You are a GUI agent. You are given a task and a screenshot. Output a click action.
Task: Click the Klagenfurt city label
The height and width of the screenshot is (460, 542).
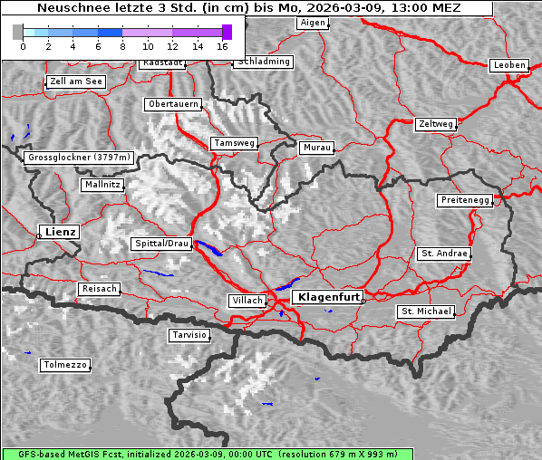330,296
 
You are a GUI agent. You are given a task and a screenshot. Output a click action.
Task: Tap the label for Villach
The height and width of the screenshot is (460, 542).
247,300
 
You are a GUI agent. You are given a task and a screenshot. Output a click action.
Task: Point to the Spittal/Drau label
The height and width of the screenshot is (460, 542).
161,244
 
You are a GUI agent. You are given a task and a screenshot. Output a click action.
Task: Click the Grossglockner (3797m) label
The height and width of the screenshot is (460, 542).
79,158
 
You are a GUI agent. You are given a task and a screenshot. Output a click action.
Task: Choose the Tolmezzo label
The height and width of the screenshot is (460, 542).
65,365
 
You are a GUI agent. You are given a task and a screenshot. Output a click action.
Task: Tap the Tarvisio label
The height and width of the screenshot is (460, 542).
189,335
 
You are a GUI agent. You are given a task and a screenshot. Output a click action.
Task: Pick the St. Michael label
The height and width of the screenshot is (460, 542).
425,311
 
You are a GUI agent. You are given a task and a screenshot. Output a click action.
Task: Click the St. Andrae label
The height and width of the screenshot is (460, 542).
443,254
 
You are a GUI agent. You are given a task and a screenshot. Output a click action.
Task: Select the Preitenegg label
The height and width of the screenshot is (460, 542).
465,200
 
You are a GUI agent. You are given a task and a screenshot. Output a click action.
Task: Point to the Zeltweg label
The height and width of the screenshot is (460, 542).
435,123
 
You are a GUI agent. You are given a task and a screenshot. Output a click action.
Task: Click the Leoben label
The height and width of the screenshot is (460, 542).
508,65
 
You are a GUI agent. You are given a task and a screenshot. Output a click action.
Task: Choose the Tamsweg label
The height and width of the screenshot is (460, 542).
234,143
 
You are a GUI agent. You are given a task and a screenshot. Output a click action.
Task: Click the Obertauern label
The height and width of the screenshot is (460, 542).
172,104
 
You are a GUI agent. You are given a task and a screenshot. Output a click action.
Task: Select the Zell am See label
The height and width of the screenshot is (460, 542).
75,81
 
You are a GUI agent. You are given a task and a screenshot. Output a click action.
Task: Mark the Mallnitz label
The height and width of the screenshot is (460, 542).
102,184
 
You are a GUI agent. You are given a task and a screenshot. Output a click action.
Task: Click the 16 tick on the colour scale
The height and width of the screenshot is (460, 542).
223,45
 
